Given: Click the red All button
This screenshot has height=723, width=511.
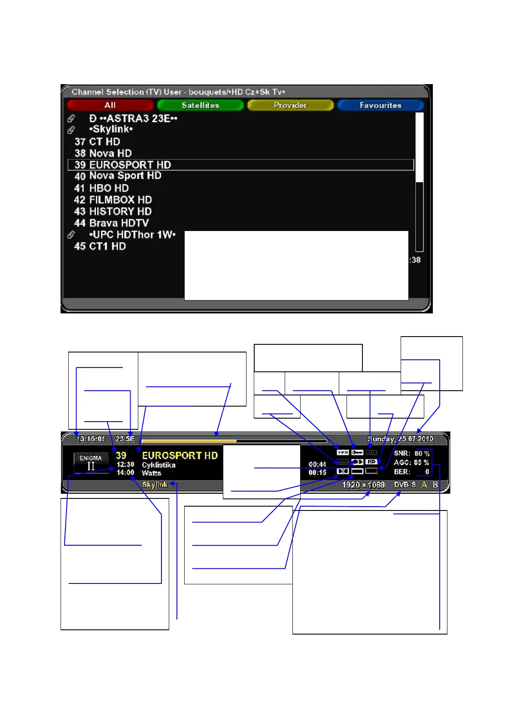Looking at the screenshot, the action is click(110, 105).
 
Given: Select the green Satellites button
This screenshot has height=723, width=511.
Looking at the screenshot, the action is click(200, 105).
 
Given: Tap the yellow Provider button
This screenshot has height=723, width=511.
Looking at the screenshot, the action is click(290, 105).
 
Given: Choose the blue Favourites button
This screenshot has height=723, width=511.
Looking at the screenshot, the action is click(380, 105).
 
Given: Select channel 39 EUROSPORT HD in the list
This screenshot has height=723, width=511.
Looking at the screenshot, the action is click(123, 165).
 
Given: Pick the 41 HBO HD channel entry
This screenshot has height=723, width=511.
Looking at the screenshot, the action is click(101, 188).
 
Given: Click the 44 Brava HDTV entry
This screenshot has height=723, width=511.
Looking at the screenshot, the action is click(112, 223).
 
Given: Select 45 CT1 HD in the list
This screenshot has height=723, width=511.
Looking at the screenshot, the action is click(100, 246).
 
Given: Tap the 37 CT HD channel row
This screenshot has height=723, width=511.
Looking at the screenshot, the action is click(97, 142).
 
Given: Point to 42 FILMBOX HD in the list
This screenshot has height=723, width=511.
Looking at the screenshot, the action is click(113, 200).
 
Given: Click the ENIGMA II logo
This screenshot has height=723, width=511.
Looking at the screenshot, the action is click(91, 463).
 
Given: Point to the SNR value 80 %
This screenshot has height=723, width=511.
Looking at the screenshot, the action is click(422, 453).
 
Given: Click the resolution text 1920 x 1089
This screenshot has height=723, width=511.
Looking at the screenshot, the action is click(363, 485).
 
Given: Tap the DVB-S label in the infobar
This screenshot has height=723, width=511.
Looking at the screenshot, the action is click(405, 484).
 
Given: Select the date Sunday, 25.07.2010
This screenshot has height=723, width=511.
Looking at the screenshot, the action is click(400, 439).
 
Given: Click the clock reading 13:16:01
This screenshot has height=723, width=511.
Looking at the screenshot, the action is click(91, 439).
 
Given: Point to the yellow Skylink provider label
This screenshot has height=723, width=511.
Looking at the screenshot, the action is click(155, 484).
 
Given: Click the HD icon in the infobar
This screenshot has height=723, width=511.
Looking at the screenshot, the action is click(371, 462).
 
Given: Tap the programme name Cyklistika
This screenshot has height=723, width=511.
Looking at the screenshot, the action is click(158, 465).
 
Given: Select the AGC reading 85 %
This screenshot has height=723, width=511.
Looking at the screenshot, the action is click(421, 462).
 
